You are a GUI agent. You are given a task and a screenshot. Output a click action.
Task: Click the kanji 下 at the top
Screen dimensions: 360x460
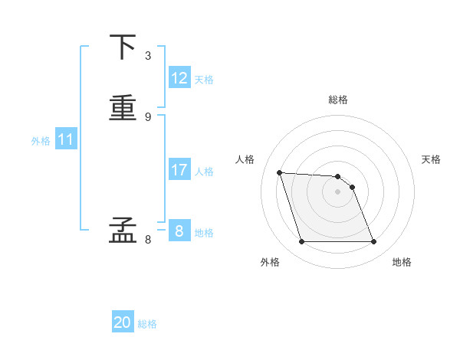(x=123, y=47)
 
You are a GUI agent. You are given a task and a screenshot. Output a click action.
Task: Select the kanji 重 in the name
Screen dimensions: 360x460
(x=123, y=107)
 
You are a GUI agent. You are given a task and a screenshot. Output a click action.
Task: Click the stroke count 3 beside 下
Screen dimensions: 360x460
(x=147, y=56)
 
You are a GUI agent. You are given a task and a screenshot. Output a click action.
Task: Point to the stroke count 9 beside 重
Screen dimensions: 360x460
(x=147, y=116)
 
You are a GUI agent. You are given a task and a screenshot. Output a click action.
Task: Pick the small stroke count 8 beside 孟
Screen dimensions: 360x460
(x=147, y=239)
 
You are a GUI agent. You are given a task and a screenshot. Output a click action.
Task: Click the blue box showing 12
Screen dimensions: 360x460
(x=179, y=78)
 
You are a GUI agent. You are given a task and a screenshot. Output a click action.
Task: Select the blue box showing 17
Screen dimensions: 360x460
(x=179, y=170)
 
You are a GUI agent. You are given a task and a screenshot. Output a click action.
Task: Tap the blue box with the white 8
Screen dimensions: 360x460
(x=179, y=231)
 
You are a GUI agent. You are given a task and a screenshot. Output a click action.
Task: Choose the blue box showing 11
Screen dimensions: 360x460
(x=66, y=139)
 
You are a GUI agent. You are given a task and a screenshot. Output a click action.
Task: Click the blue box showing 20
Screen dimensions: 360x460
(x=123, y=322)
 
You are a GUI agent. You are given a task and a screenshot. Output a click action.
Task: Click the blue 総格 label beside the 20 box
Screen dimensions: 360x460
(x=147, y=324)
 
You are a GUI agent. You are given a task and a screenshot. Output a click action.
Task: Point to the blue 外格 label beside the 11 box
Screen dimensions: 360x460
(x=41, y=141)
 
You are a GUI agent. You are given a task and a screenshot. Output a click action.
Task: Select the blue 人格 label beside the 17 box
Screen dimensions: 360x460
(x=205, y=172)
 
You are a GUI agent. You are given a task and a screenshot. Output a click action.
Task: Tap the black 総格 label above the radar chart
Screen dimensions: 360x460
(x=338, y=100)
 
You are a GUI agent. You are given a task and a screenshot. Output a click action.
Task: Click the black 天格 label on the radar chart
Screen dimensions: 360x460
(x=432, y=159)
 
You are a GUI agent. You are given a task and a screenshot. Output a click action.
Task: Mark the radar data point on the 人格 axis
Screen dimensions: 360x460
(x=280, y=172)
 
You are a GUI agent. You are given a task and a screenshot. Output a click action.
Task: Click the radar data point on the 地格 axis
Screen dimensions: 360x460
(x=374, y=242)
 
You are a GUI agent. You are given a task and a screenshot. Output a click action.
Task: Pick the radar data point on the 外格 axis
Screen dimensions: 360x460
(x=301, y=242)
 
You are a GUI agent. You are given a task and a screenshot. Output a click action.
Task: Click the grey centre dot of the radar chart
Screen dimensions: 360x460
(x=338, y=191)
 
